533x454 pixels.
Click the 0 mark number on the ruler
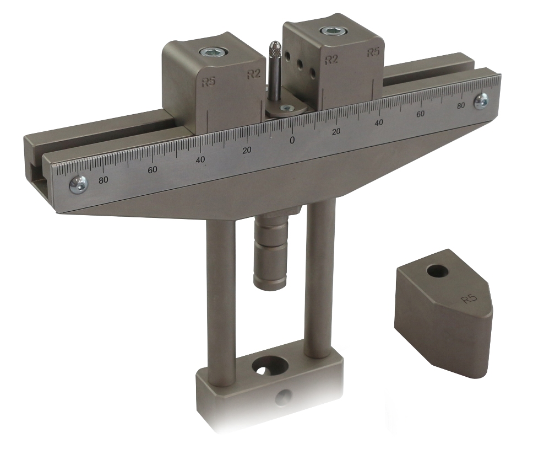pyautogui.click(x=292, y=140)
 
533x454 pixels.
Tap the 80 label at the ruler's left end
pyautogui.click(x=104, y=180)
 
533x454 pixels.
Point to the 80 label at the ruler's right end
pyautogui.click(x=461, y=105)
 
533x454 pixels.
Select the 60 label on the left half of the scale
pyautogui.click(x=153, y=169)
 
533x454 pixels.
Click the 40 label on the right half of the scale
pyautogui.click(x=379, y=122)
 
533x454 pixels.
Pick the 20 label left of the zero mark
pyautogui.click(x=247, y=150)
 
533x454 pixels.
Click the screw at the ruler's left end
pyautogui.click(x=79, y=185)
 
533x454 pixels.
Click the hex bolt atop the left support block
pyautogui.click(x=214, y=52)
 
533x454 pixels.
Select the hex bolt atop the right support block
pyautogui.click(x=334, y=31)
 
